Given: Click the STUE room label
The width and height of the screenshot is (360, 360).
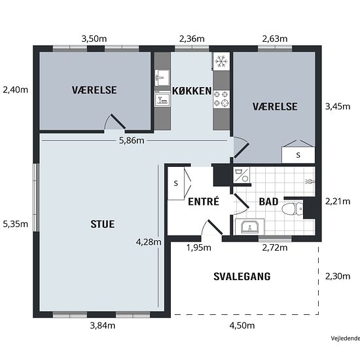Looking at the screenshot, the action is pyautogui.click(x=102, y=224).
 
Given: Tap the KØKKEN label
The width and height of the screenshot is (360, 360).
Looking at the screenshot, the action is pyautogui.click(x=192, y=91).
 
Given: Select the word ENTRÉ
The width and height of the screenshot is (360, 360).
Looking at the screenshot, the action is pyautogui.click(x=204, y=202).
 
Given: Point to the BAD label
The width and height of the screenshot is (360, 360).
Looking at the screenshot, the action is pyautogui.click(x=268, y=202).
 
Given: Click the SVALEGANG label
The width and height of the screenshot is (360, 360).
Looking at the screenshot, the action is pyautogui.click(x=242, y=276).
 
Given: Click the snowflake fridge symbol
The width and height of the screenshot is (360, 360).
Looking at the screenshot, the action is pyautogui.click(x=221, y=62).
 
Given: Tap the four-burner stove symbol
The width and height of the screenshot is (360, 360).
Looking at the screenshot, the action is pyautogui.click(x=221, y=99).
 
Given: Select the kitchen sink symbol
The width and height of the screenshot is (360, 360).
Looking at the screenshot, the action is pyautogui.click(x=162, y=78).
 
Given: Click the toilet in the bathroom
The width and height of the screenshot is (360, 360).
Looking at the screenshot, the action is pyautogui.click(x=293, y=209).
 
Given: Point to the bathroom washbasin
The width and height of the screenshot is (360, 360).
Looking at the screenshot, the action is pyautogui.click(x=249, y=227).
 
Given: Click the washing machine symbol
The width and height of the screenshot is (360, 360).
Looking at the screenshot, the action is pyautogui.click(x=242, y=175).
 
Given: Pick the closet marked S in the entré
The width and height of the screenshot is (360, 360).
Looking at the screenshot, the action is pyautogui.click(x=176, y=183).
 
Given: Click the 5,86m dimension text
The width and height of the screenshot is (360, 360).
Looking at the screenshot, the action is pyautogui.click(x=132, y=140).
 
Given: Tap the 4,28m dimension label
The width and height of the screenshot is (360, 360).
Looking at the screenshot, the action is pyautogui.click(x=149, y=242).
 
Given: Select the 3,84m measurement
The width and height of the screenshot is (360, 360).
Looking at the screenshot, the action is pyautogui.click(x=102, y=325).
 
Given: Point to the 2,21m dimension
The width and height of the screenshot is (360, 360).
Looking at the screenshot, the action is pyautogui.click(x=338, y=202).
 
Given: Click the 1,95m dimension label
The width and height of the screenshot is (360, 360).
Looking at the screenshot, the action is pyautogui.click(x=198, y=247).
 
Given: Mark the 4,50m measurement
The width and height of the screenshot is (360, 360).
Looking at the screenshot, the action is pyautogui.click(x=242, y=325).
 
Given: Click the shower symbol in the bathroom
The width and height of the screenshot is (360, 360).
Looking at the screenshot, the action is pyautogui.click(x=310, y=182).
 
